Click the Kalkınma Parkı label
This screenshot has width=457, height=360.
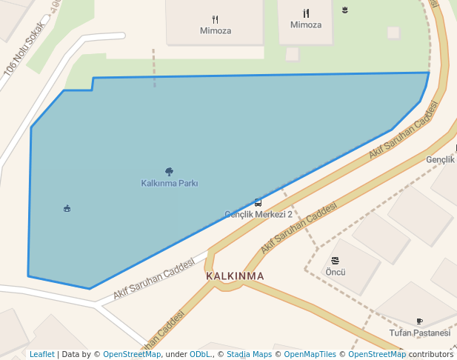tap(170, 183)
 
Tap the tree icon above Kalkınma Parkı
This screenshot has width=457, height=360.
tap(170, 172)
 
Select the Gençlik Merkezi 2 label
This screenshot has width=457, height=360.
tap(258, 214)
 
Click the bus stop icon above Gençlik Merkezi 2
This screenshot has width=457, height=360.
tap(258, 202)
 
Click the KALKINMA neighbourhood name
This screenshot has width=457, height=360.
tap(235, 276)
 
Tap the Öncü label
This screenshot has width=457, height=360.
tap(336, 272)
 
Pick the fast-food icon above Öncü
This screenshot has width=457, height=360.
tap(336, 260)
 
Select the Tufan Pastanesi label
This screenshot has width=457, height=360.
tap(420, 333)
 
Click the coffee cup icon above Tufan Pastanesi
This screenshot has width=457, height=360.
tap(420, 321)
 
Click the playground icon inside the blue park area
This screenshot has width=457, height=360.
tap(67, 208)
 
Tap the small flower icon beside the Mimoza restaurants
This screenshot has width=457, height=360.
tap(345, 10)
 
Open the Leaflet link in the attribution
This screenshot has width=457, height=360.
tap(41, 354)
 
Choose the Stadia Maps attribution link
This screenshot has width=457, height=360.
tap(250, 354)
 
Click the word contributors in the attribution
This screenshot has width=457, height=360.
tap(430, 354)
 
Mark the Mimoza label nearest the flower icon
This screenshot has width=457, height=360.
tap(306, 24)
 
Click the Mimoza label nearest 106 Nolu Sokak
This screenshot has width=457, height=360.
tap(216, 31)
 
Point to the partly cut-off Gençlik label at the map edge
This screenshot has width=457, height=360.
tap(441, 160)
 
